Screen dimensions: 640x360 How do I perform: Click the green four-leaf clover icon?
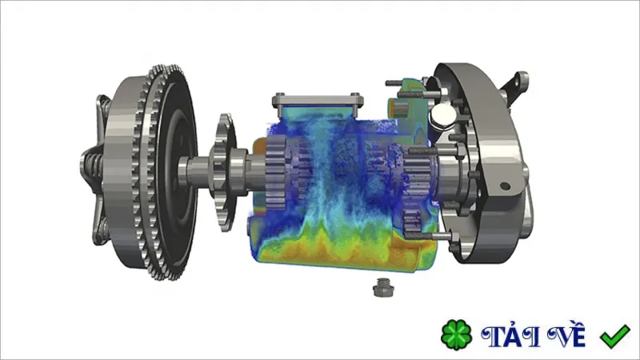[x=456, y=334]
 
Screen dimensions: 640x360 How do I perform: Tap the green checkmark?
[x=614, y=336]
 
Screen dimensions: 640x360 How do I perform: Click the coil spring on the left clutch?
[x=93, y=166]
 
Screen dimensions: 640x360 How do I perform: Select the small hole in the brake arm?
[x=505, y=186]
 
